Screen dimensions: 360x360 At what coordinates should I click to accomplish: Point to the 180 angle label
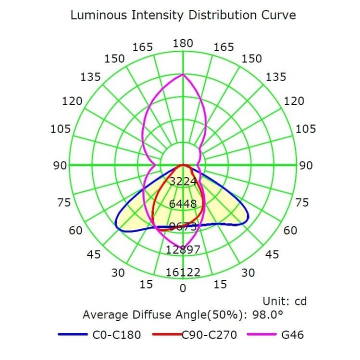click(183, 43)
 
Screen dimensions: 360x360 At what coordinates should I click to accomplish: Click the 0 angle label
click(183, 288)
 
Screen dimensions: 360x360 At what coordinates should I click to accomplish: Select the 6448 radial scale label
click(182, 204)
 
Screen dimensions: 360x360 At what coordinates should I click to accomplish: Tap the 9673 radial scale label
click(182, 226)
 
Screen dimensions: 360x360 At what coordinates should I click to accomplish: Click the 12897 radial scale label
click(183, 249)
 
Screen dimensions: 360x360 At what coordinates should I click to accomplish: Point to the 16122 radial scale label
click(183, 272)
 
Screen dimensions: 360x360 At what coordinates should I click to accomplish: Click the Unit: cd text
click(284, 301)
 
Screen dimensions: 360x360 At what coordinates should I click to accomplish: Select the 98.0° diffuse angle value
click(269, 315)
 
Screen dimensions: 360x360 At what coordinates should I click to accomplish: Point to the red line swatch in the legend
click(168, 334)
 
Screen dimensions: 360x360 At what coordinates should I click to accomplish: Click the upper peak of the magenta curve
click(183, 74)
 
